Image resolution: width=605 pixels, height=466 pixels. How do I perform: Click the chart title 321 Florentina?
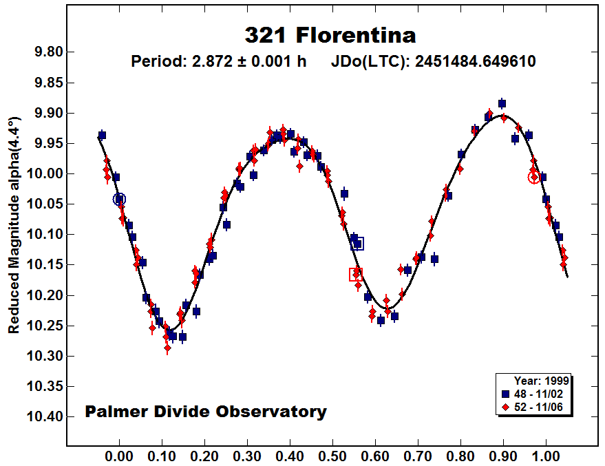(330, 35)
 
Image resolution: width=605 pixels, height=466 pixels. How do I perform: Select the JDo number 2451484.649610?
(476, 61)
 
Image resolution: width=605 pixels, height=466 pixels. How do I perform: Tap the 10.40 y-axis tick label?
(47, 416)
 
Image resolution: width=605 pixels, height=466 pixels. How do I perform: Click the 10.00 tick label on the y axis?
(47, 173)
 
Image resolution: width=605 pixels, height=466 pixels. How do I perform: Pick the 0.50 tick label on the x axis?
(333, 456)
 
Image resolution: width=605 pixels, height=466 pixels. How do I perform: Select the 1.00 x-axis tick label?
(546, 456)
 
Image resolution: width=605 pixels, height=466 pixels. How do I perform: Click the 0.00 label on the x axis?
(120, 456)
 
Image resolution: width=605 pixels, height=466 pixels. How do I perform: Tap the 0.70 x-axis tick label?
(418, 456)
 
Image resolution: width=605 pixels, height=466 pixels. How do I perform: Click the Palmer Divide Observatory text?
(206, 412)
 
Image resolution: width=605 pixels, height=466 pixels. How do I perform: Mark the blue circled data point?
(120, 200)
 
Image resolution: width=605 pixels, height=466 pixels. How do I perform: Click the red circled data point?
(534, 177)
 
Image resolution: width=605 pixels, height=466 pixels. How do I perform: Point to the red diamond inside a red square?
(356, 275)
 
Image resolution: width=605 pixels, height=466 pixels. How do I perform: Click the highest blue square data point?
(502, 103)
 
